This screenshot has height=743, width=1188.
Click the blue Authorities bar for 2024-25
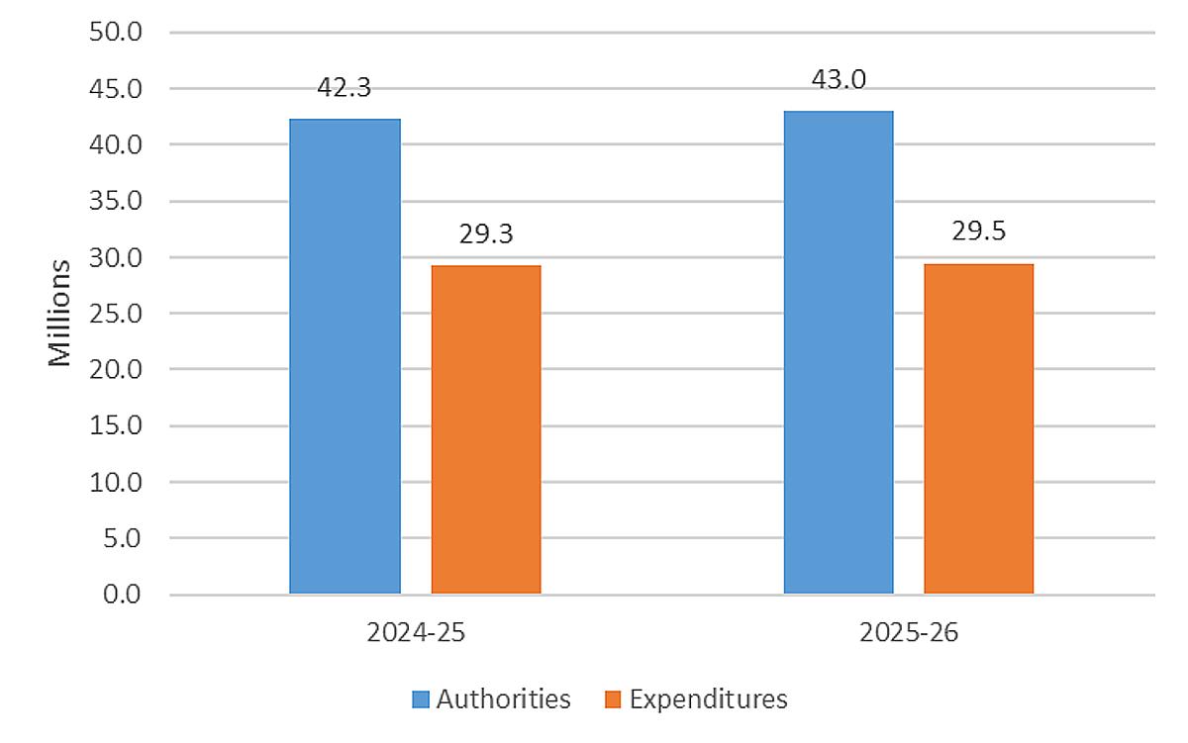pos(345,356)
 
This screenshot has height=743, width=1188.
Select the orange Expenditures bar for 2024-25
pos(486,429)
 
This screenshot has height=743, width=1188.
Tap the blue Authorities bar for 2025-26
pos(839,352)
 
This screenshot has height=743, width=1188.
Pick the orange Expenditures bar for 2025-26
pos(978,428)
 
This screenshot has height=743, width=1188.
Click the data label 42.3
pos(344,87)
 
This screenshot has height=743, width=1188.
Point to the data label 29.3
pos(485,233)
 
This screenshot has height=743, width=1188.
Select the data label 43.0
pos(839,79)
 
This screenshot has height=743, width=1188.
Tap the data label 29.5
pos(978,232)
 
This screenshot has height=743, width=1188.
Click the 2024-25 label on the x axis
pos(415,633)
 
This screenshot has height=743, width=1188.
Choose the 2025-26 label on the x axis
pos(909,633)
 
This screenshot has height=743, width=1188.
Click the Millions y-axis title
pos(61,313)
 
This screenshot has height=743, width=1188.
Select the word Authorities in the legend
pos(504,699)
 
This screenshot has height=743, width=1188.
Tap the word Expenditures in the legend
pos(708,699)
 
